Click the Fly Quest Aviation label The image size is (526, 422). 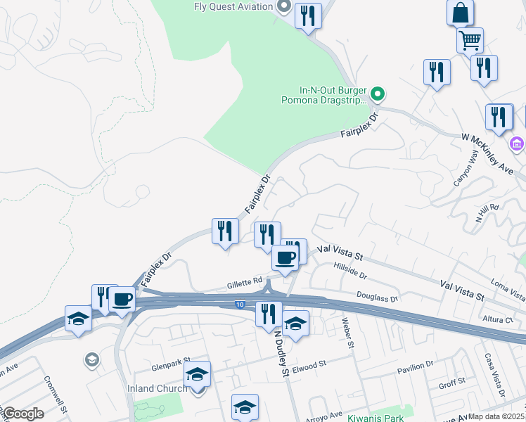(233, 7)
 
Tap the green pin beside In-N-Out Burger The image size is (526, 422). (378, 93)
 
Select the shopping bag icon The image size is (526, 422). (460, 12)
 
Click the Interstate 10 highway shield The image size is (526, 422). (240, 304)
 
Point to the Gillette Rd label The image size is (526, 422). (244, 284)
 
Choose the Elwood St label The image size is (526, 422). (311, 365)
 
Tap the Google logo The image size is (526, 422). (23, 414)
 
